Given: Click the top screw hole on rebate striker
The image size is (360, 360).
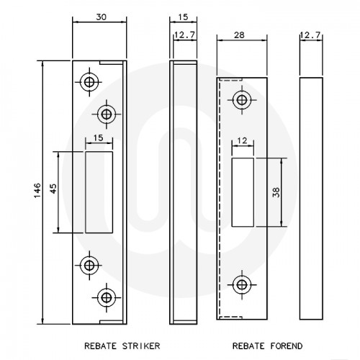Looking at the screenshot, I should pos(89,82).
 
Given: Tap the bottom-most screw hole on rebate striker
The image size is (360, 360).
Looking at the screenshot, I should pos(107,295).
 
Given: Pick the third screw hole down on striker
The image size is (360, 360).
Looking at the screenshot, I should pos(89,265).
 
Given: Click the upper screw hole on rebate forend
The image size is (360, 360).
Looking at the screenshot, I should pos(242,100).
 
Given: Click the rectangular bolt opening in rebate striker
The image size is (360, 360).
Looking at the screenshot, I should pos(99,192).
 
